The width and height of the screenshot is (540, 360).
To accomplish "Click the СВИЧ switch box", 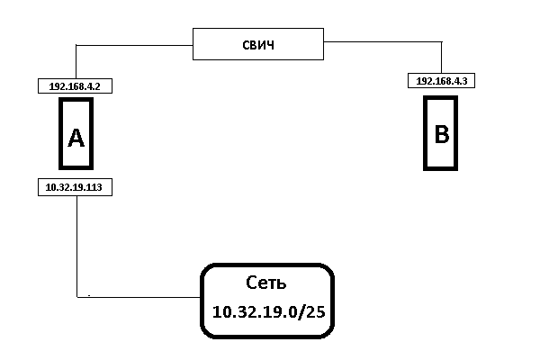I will pos(258,44).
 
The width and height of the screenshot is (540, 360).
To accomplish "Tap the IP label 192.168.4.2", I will pos(76,86).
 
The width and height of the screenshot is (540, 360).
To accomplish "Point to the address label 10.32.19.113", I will pos(76,187).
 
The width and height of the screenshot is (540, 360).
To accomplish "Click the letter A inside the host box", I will pos(76,137).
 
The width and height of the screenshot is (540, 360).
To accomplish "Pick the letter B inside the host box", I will pos(442,134).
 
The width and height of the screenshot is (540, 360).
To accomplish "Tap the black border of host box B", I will pos(427,135).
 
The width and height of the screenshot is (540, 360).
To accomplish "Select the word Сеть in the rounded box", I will pos(265,283).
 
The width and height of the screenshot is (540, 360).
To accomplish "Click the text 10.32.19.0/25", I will pos(265,312).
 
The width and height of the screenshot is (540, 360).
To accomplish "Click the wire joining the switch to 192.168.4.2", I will pos(135,44).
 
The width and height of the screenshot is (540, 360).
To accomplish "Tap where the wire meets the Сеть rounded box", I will pos(200,295).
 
